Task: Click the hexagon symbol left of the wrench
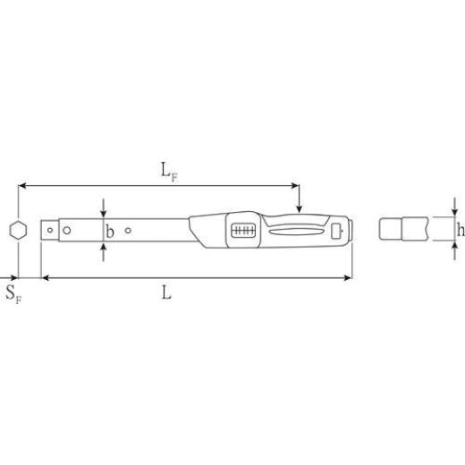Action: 18,230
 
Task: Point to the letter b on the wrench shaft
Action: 110,231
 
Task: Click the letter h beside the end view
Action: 460,231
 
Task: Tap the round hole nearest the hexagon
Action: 65,230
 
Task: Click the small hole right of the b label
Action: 131,230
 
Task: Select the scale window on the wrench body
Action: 243,230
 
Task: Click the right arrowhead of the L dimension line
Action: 349,278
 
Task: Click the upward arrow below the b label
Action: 106,249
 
